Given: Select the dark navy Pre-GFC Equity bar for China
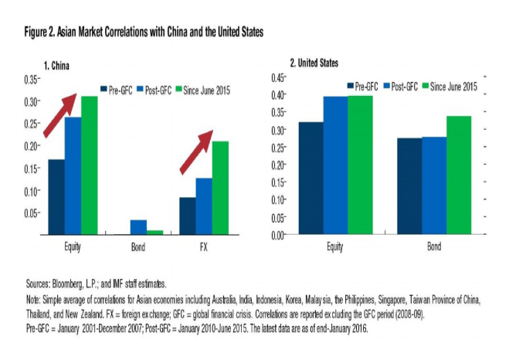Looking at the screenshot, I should (56, 196).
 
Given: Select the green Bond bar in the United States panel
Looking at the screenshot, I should (458, 175).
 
